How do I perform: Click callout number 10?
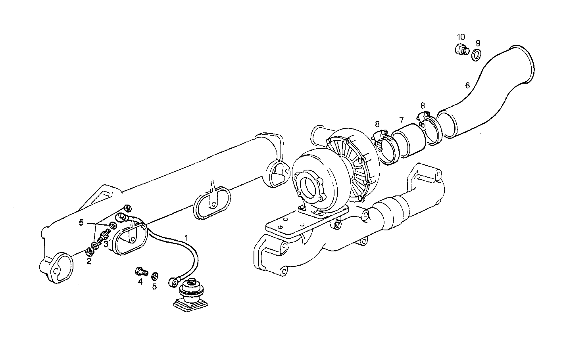click(461, 37)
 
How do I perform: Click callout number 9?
click(478, 43)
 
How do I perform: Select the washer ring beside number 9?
click(477, 55)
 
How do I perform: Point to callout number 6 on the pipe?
click(467, 85)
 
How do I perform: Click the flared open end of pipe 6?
click(521, 64)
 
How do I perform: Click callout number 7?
click(402, 120)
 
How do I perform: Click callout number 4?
click(140, 282)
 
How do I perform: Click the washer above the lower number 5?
click(155, 276)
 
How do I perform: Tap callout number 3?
click(106, 244)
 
